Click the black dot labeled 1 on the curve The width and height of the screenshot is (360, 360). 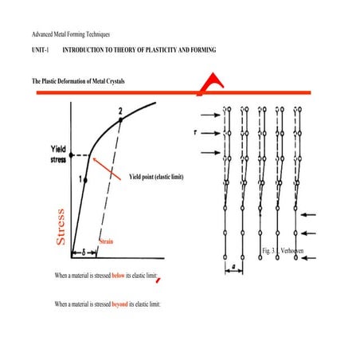coord(86,182)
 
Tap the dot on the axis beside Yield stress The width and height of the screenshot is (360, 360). coord(72,154)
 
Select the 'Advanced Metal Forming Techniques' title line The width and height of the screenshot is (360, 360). coord(71,35)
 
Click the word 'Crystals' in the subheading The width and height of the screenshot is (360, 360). coord(112,82)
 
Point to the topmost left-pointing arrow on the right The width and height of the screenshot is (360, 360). coord(311,214)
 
